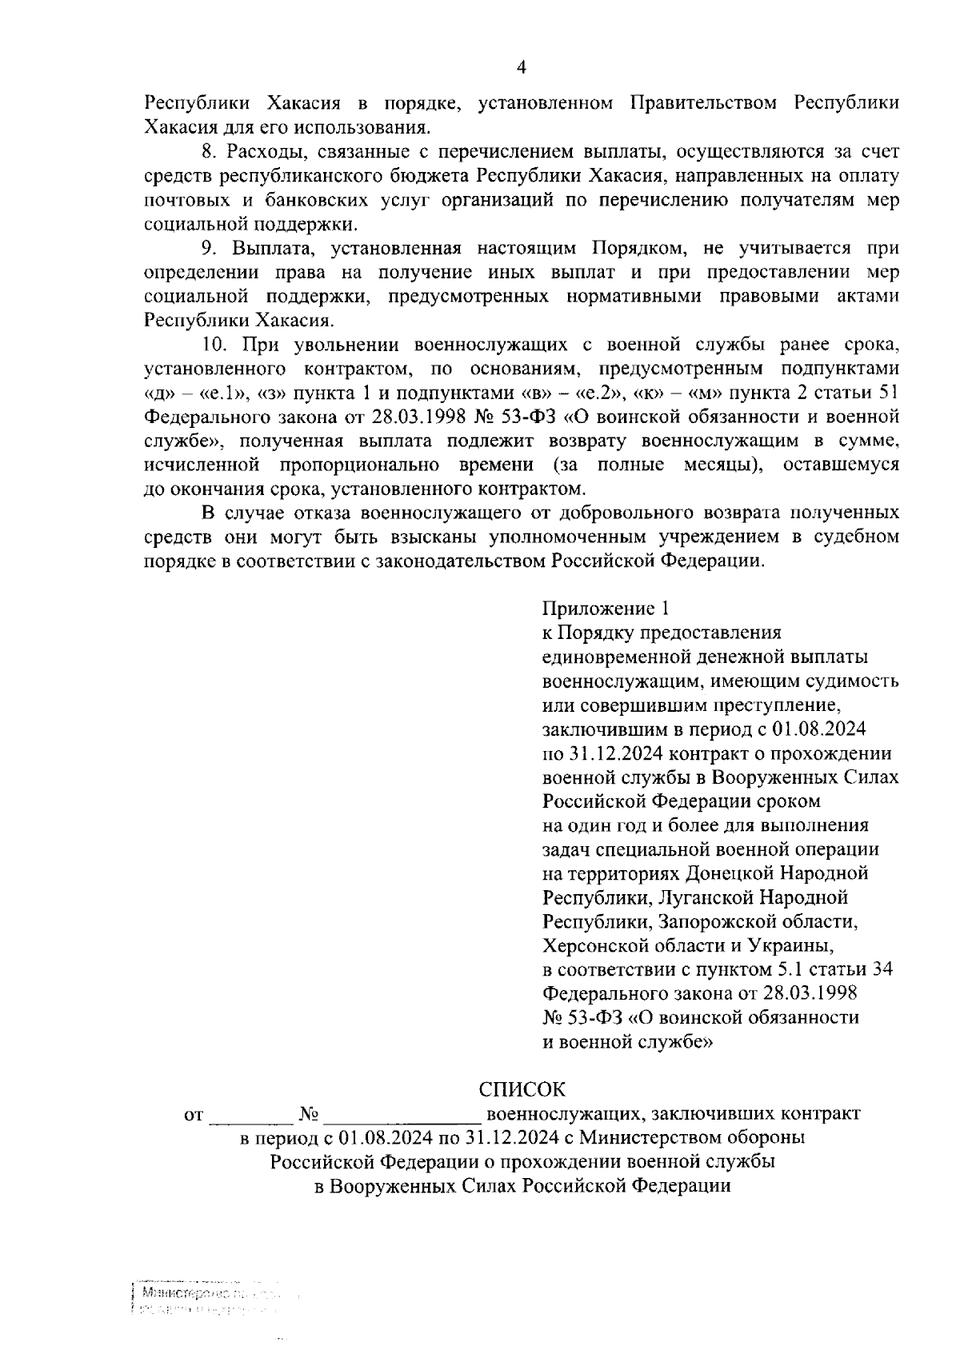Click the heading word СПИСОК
pos(521,1088)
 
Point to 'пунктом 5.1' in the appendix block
pos(726,969)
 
